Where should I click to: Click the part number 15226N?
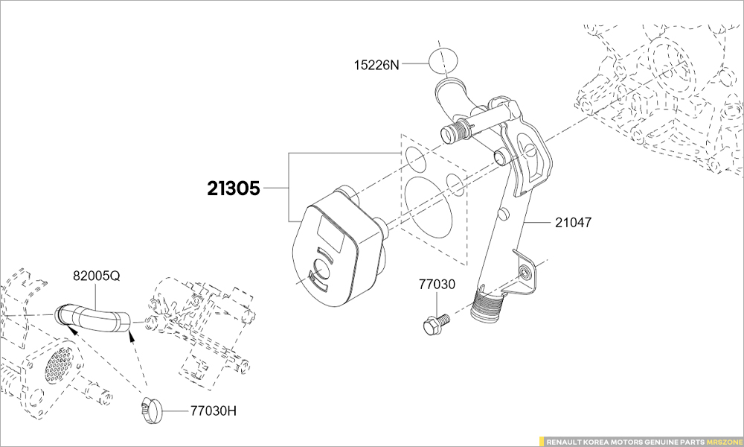coord(376,65)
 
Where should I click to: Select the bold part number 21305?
coord(234,189)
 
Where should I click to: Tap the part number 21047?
coord(574,221)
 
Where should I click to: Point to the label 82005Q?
coord(96,276)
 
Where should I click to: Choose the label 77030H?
coord(214,410)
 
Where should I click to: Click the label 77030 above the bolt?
coord(436,284)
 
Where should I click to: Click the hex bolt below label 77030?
coord(433,323)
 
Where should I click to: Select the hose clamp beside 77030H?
coord(150,408)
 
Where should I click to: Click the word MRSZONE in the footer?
coord(722,440)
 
